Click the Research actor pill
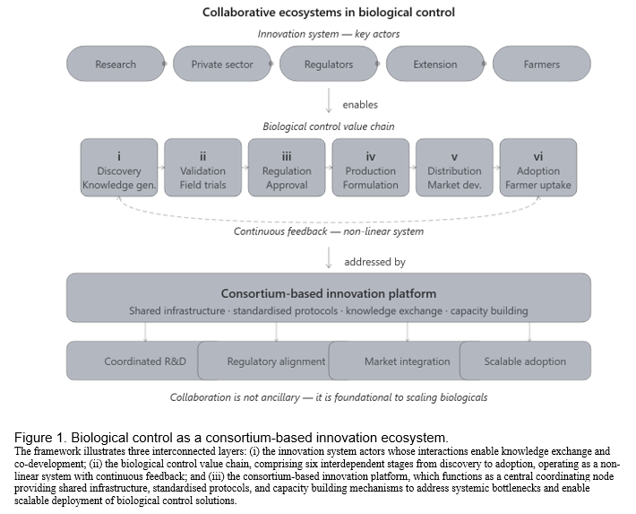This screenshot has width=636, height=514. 116,64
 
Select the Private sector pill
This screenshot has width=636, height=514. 222,64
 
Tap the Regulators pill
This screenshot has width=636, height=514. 329,64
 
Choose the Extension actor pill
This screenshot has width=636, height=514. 435,64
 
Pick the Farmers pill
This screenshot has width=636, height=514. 542,64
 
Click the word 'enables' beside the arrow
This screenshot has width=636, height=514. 360,105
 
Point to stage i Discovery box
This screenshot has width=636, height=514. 119,168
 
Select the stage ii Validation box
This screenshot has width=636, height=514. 202,168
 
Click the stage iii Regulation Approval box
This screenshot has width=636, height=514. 287,168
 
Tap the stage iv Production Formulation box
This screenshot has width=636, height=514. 371,168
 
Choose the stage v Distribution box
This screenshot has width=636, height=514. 454,168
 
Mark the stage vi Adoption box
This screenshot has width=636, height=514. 538,168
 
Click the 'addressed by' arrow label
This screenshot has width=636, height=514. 374,262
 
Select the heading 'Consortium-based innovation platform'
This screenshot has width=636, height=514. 329,293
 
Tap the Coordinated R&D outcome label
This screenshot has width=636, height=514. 145,362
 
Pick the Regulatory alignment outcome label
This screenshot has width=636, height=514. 276,362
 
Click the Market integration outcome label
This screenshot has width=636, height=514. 408,362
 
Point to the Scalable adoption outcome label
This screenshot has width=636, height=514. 525,362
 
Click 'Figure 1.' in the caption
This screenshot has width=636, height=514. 40,438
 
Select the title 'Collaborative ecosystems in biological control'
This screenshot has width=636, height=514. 329,13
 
